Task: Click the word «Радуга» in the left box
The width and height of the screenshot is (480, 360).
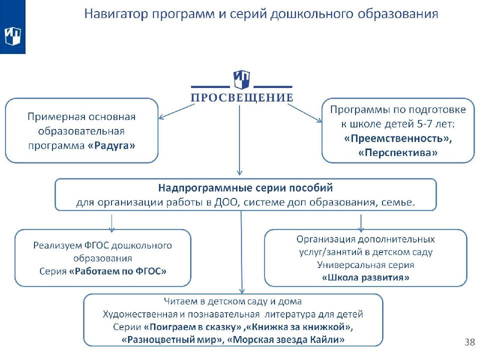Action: [x=114, y=145]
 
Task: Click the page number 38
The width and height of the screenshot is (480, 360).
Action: [x=469, y=342]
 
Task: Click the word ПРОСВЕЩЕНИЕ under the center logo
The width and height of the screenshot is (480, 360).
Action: [x=242, y=97]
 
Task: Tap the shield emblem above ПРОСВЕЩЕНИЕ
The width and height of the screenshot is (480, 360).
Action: [x=242, y=79]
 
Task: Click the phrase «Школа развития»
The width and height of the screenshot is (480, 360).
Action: [x=365, y=277]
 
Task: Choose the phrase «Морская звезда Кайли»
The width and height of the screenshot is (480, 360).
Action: [x=286, y=340]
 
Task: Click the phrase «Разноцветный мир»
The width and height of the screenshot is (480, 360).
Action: [x=172, y=340]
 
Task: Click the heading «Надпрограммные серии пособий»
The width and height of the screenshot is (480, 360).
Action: [x=245, y=189]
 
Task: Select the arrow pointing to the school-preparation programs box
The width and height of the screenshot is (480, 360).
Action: [x=307, y=112]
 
